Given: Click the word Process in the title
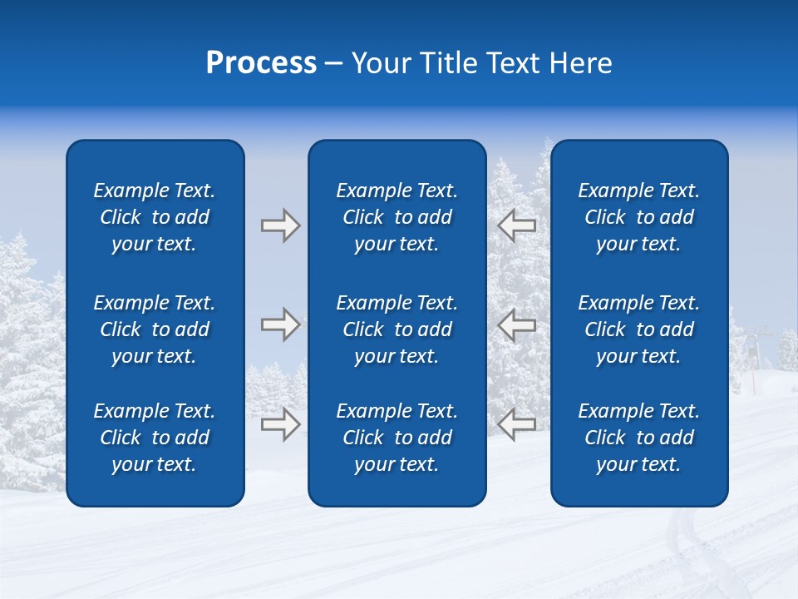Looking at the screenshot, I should (261, 63).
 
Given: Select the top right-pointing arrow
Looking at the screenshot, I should (280, 225).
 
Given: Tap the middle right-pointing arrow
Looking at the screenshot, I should (280, 324).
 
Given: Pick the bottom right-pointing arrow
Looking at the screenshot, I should (280, 424).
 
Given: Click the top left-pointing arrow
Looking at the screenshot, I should (517, 224).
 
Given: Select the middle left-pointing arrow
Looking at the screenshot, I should (517, 324).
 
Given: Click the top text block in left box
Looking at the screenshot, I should (155, 217).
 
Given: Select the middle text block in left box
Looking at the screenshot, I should (155, 329).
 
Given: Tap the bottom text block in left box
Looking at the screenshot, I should (155, 438).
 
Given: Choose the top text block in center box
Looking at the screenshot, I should (397, 217).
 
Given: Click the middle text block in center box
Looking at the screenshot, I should (397, 329).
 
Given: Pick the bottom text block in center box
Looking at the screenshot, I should (397, 438).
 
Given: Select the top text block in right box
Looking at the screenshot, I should (638, 217).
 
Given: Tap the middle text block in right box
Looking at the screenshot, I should (638, 329).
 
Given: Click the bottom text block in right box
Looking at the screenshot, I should (638, 438).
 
